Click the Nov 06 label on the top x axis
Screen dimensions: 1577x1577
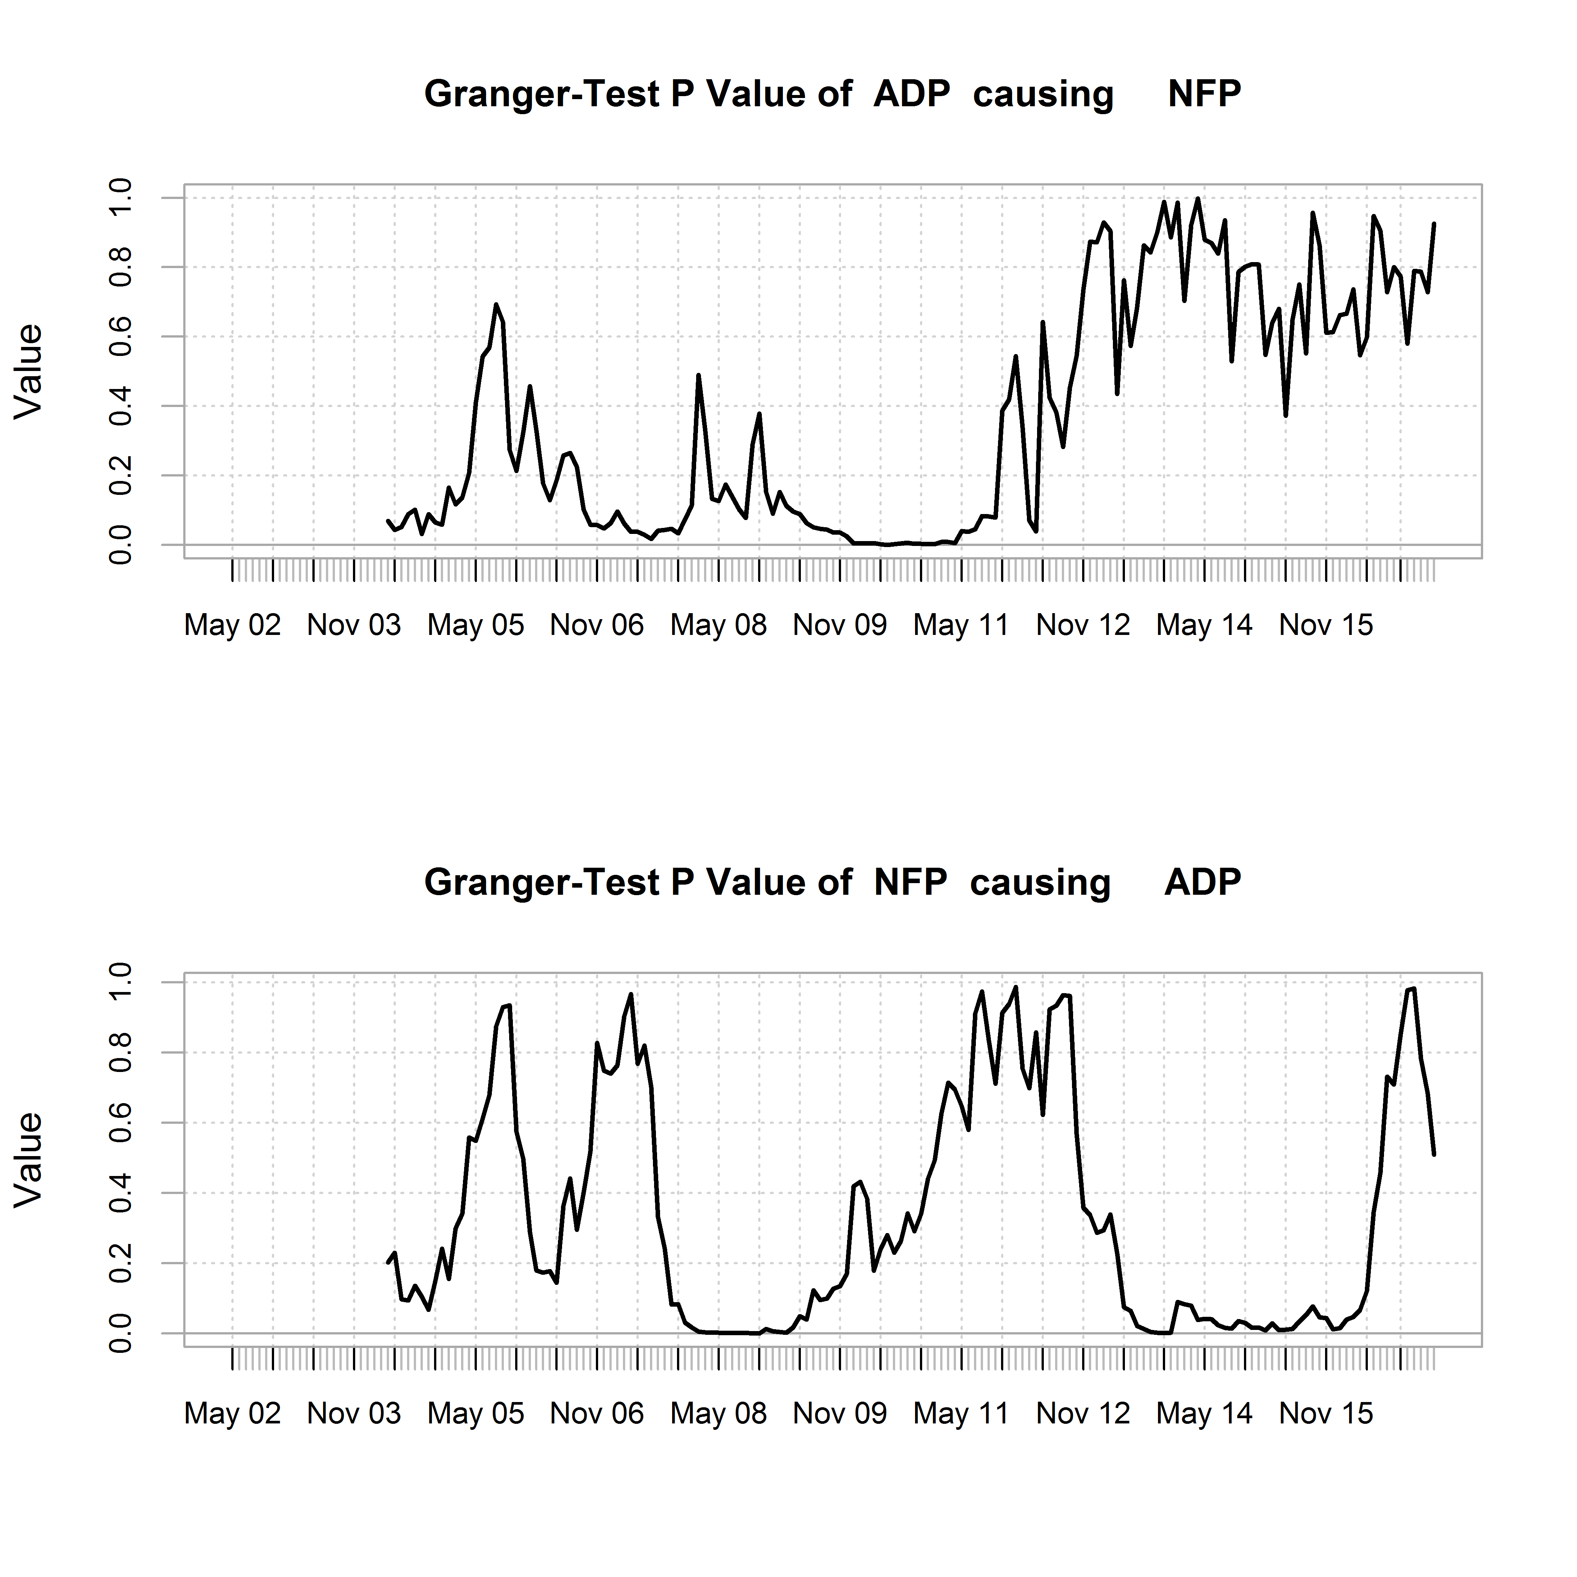(x=597, y=625)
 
